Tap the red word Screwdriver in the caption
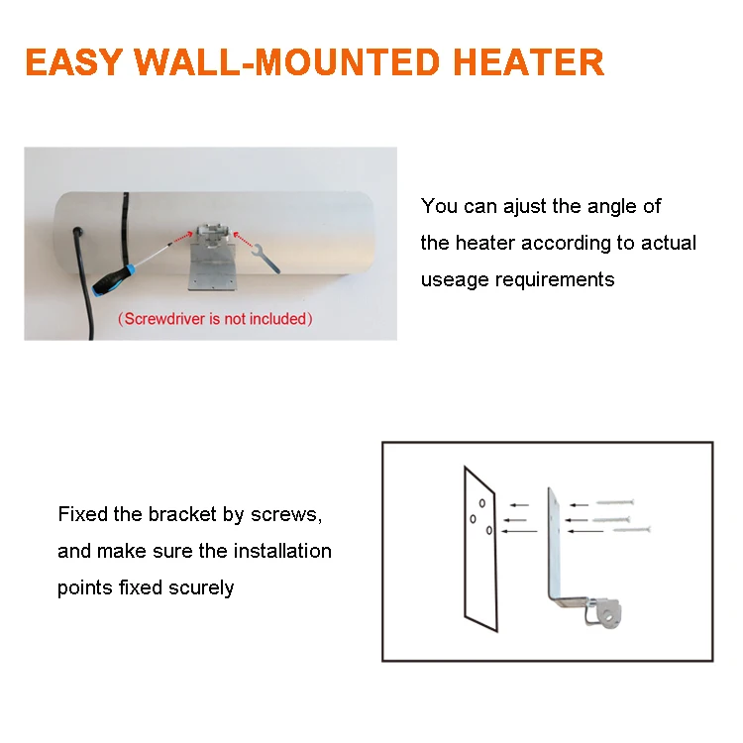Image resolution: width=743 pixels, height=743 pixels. point(159,319)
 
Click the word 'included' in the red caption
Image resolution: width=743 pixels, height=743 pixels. point(278,319)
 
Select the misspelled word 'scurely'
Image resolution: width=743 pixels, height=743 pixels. point(199,587)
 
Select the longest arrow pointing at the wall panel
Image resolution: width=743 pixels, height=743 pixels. point(520,532)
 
